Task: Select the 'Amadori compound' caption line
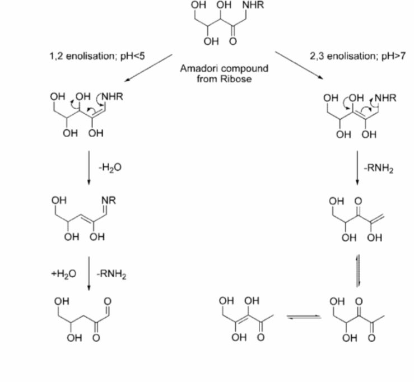tap(224, 68)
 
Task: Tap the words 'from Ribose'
tap(224, 78)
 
